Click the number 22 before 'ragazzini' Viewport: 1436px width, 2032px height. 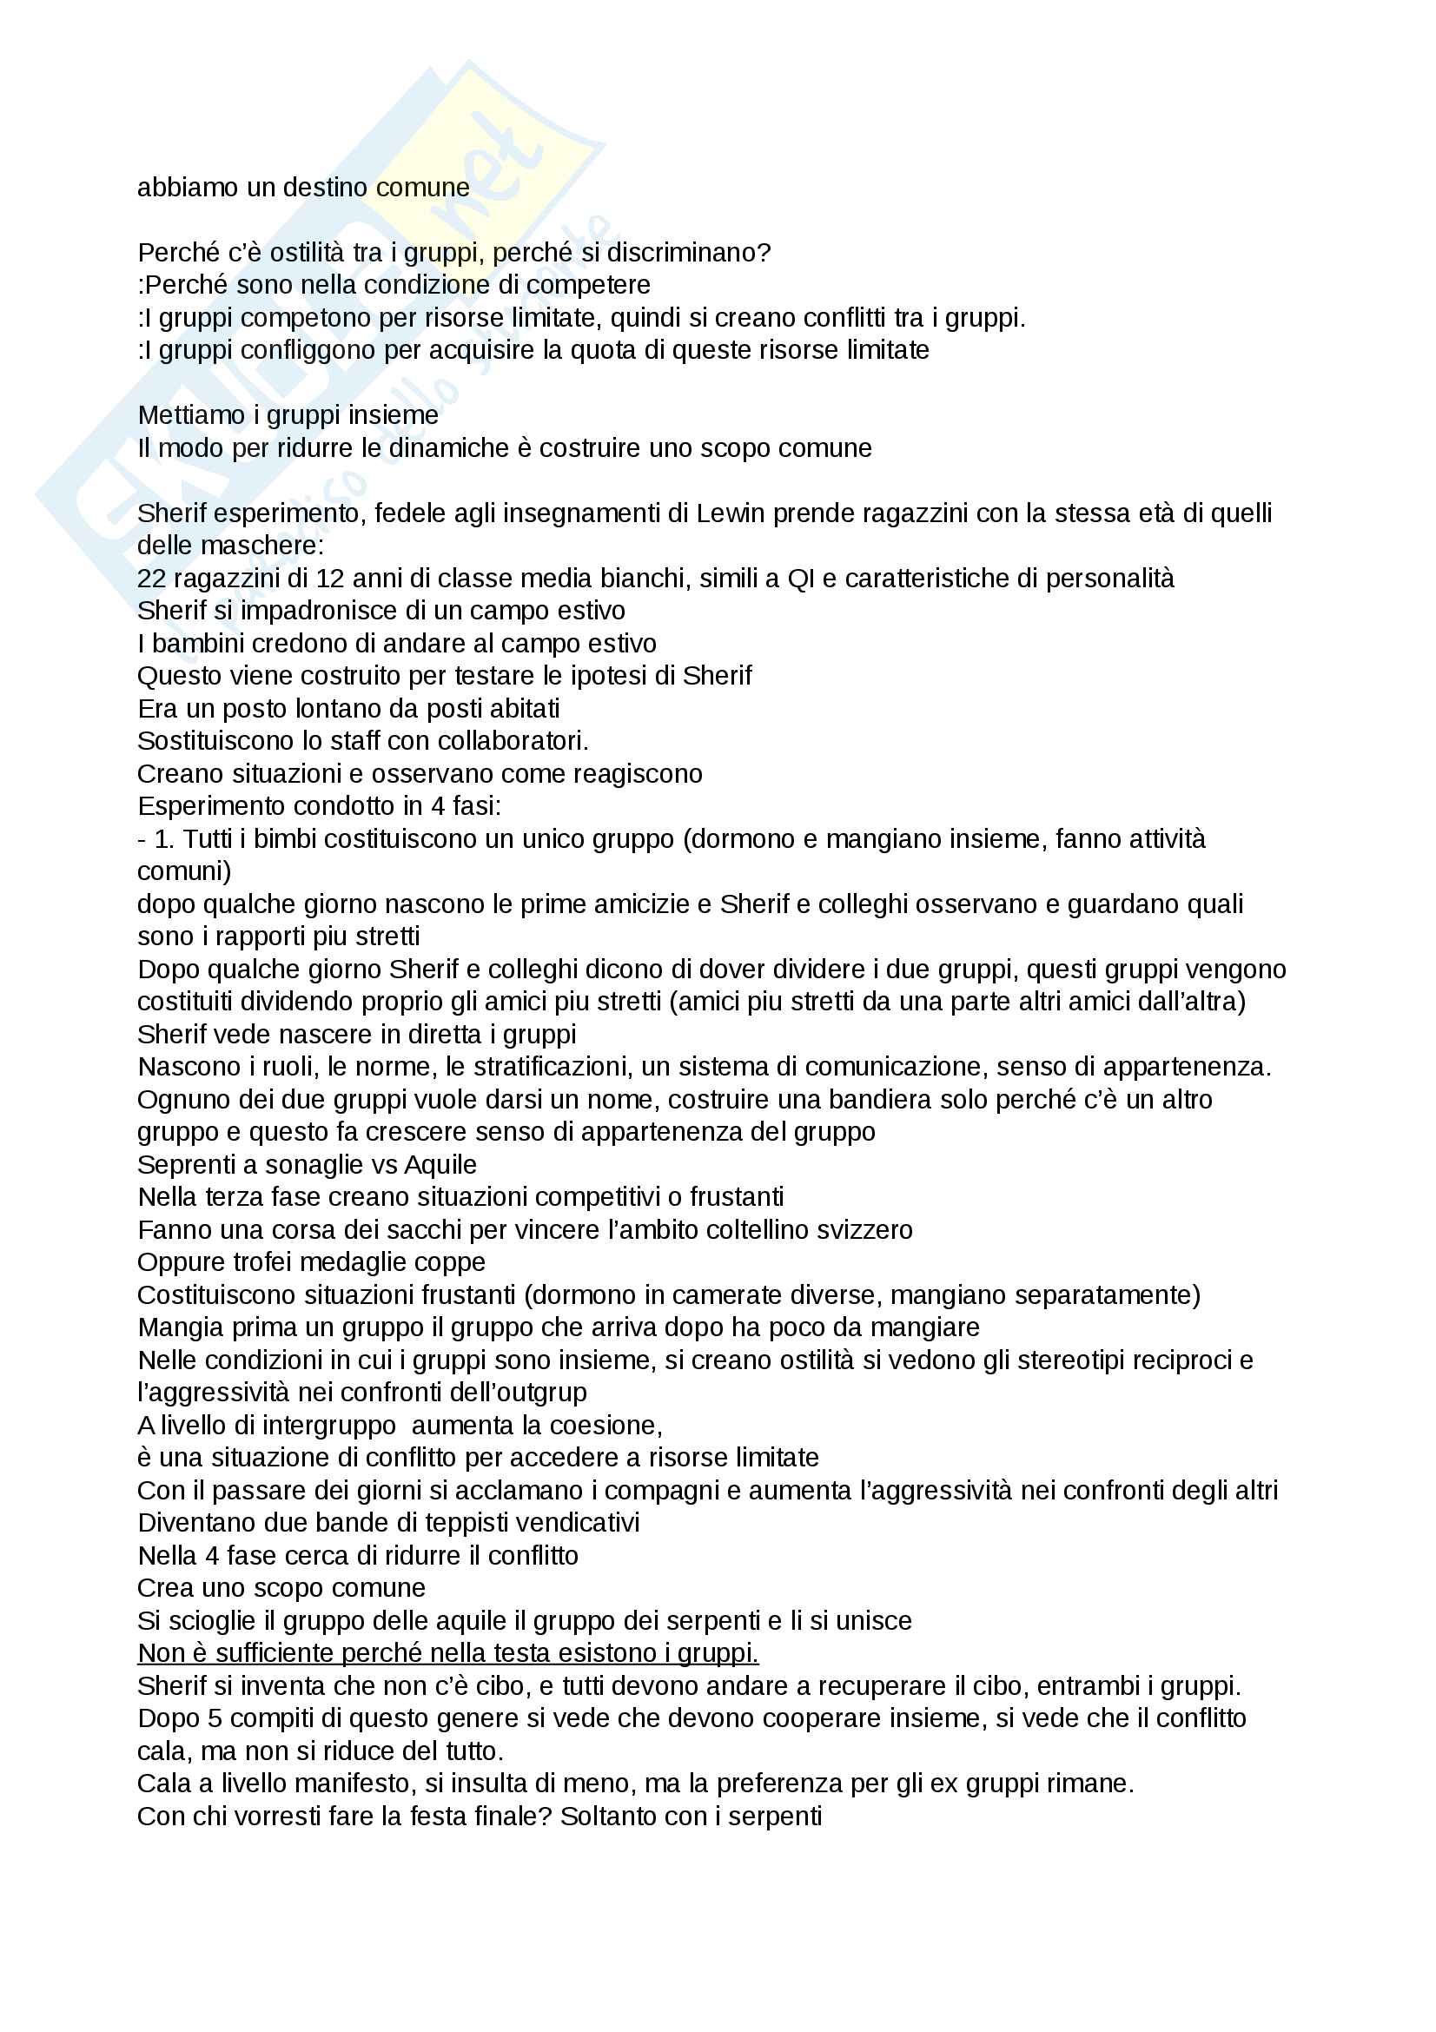pos(151,579)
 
